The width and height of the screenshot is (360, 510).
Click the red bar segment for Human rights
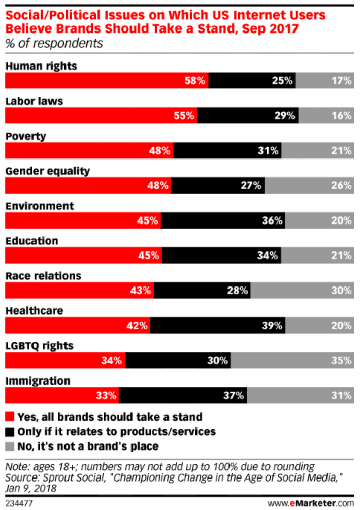click(x=107, y=80)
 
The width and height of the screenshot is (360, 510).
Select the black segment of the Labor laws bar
click(x=247, y=115)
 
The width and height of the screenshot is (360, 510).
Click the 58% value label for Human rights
click(x=194, y=80)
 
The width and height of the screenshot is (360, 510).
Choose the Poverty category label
click(x=25, y=136)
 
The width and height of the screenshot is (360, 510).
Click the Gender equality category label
click(x=47, y=171)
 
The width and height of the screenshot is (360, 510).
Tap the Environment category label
click(x=39, y=206)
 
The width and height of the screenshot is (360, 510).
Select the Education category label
click(x=31, y=241)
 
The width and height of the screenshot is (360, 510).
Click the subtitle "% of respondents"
click(x=54, y=44)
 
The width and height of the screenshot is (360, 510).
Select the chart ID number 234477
click(x=18, y=501)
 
